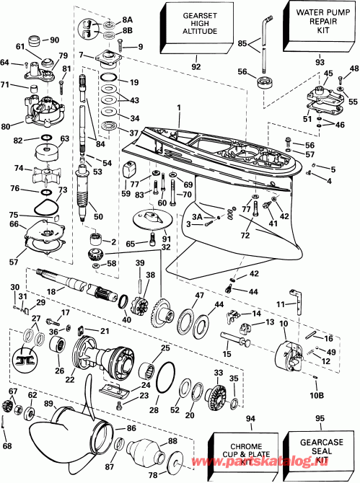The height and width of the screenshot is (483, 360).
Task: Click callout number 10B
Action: click(x=318, y=396)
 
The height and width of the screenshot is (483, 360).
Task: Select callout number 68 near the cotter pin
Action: click(x=7, y=446)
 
